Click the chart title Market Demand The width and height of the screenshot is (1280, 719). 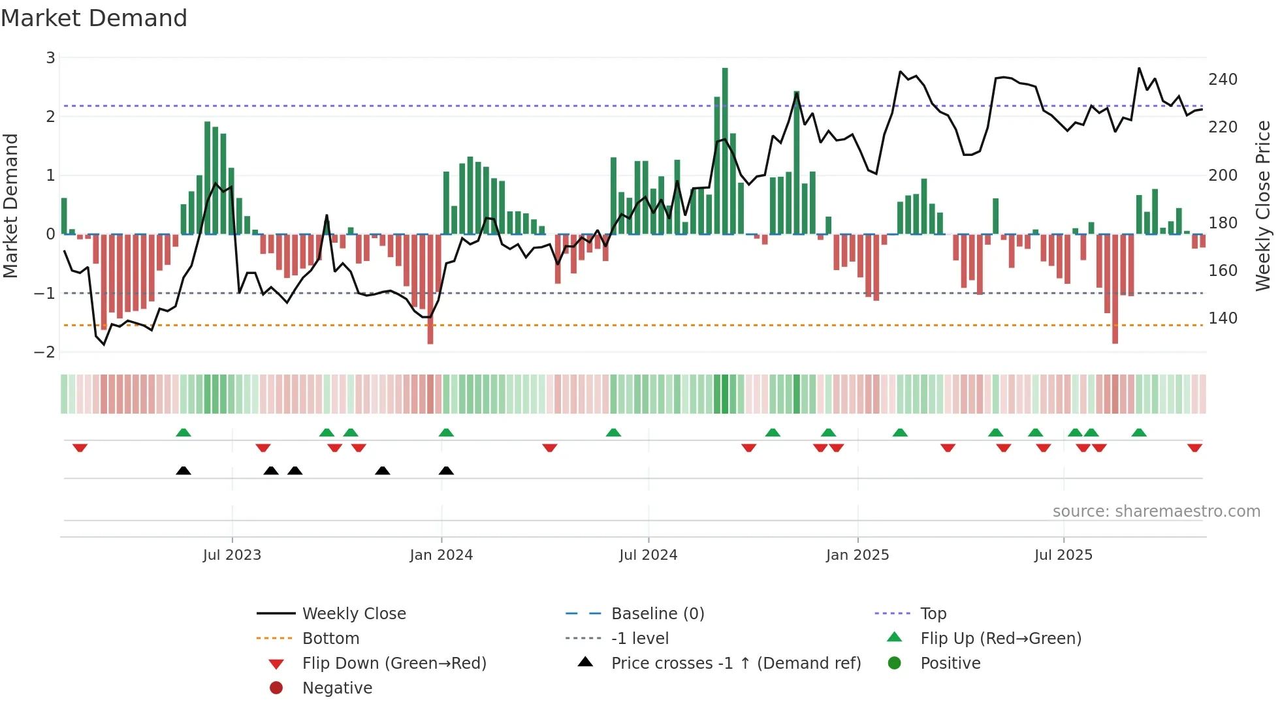pos(94,18)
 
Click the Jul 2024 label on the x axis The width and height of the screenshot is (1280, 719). pos(648,555)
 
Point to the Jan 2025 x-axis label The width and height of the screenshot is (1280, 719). pos(857,555)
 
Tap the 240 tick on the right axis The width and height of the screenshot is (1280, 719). pos(1223,80)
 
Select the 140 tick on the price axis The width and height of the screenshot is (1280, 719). pos(1223,318)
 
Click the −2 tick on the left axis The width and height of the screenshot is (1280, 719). pos(45,352)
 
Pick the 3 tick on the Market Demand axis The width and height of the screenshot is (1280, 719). pos(50,58)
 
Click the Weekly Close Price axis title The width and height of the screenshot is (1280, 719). pos(1263,206)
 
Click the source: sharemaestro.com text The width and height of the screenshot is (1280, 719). pos(1156,512)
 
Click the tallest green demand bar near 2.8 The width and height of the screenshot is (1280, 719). pos(725,150)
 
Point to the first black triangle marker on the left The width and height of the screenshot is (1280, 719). pos(184,471)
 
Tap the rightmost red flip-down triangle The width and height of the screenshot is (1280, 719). pos(1194,448)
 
